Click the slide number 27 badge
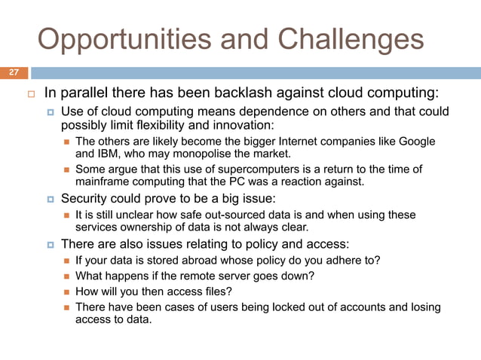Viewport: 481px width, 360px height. coord(14,73)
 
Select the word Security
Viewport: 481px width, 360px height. coord(84,199)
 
